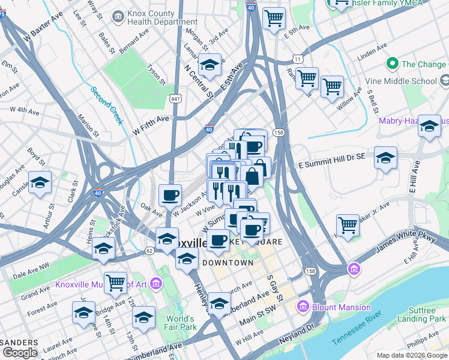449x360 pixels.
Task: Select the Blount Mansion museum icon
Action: [303, 307]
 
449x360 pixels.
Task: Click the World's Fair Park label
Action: [181, 323]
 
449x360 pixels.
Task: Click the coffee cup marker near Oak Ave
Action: [170, 195]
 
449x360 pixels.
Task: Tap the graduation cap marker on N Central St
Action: [209, 65]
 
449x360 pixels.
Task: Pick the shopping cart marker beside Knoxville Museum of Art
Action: [115, 282]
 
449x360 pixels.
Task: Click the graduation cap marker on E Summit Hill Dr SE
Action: [385, 158]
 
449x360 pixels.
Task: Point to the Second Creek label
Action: [107, 106]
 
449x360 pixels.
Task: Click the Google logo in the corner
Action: [20, 353]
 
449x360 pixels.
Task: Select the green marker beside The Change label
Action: [393, 64]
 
